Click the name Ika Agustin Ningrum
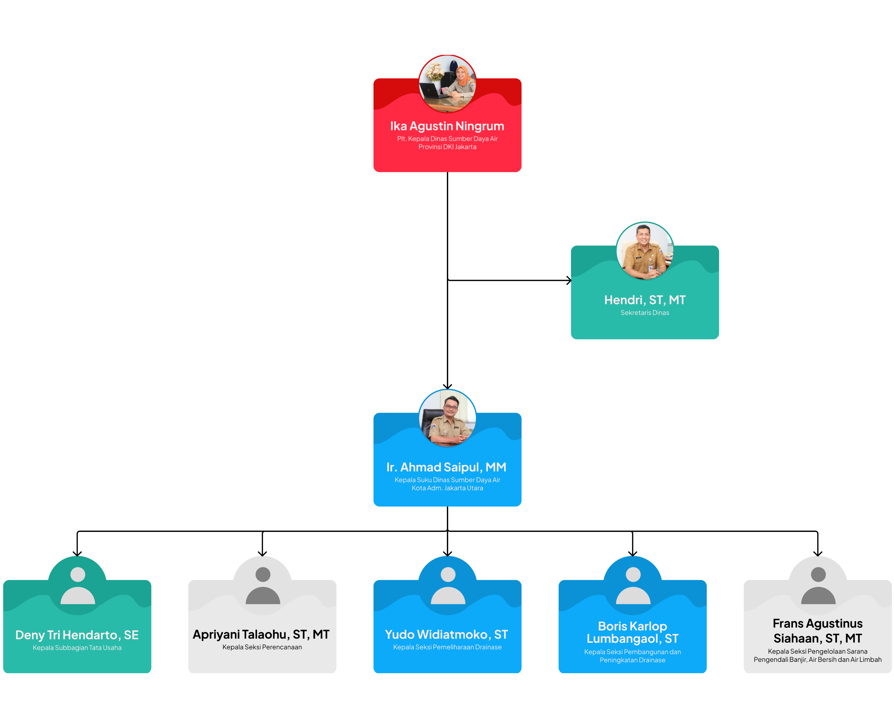447,126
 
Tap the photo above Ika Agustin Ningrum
447,84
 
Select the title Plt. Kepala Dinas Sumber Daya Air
447,139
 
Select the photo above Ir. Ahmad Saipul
447,418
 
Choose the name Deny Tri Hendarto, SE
77,635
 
